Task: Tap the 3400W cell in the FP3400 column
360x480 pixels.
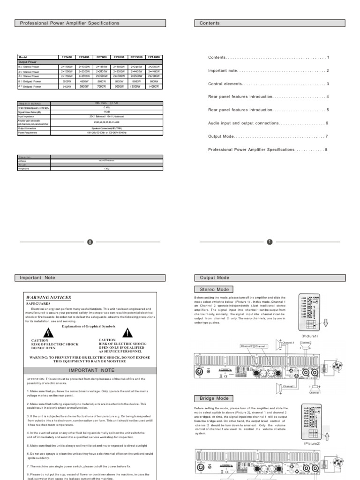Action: [x=66, y=87]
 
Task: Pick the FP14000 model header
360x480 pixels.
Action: [x=154, y=57]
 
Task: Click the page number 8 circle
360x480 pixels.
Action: [x=90, y=242]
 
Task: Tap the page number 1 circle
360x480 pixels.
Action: [x=270, y=242]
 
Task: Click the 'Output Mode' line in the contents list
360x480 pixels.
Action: [x=221, y=136]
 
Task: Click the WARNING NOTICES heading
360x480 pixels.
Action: [x=49, y=298]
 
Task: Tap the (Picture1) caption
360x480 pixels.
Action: [x=310, y=336]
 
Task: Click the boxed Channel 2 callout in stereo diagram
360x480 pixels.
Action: [x=247, y=346]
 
